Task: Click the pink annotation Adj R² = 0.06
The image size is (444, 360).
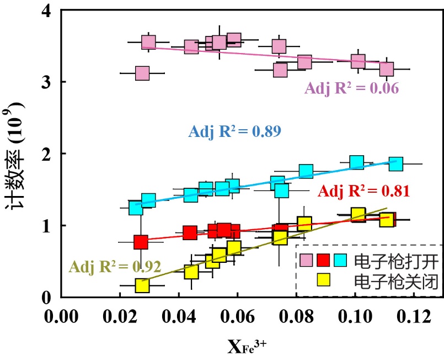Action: pyautogui.click(x=352, y=88)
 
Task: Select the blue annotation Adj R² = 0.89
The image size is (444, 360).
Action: pyautogui.click(x=236, y=131)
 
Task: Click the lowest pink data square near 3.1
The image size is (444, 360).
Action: pyautogui.click(x=142, y=73)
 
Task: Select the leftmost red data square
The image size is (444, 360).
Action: pyautogui.click(x=141, y=242)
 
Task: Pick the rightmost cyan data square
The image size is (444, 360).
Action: pyautogui.click(x=395, y=164)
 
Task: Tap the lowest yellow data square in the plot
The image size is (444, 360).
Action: pyautogui.click(x=142, y=285)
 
